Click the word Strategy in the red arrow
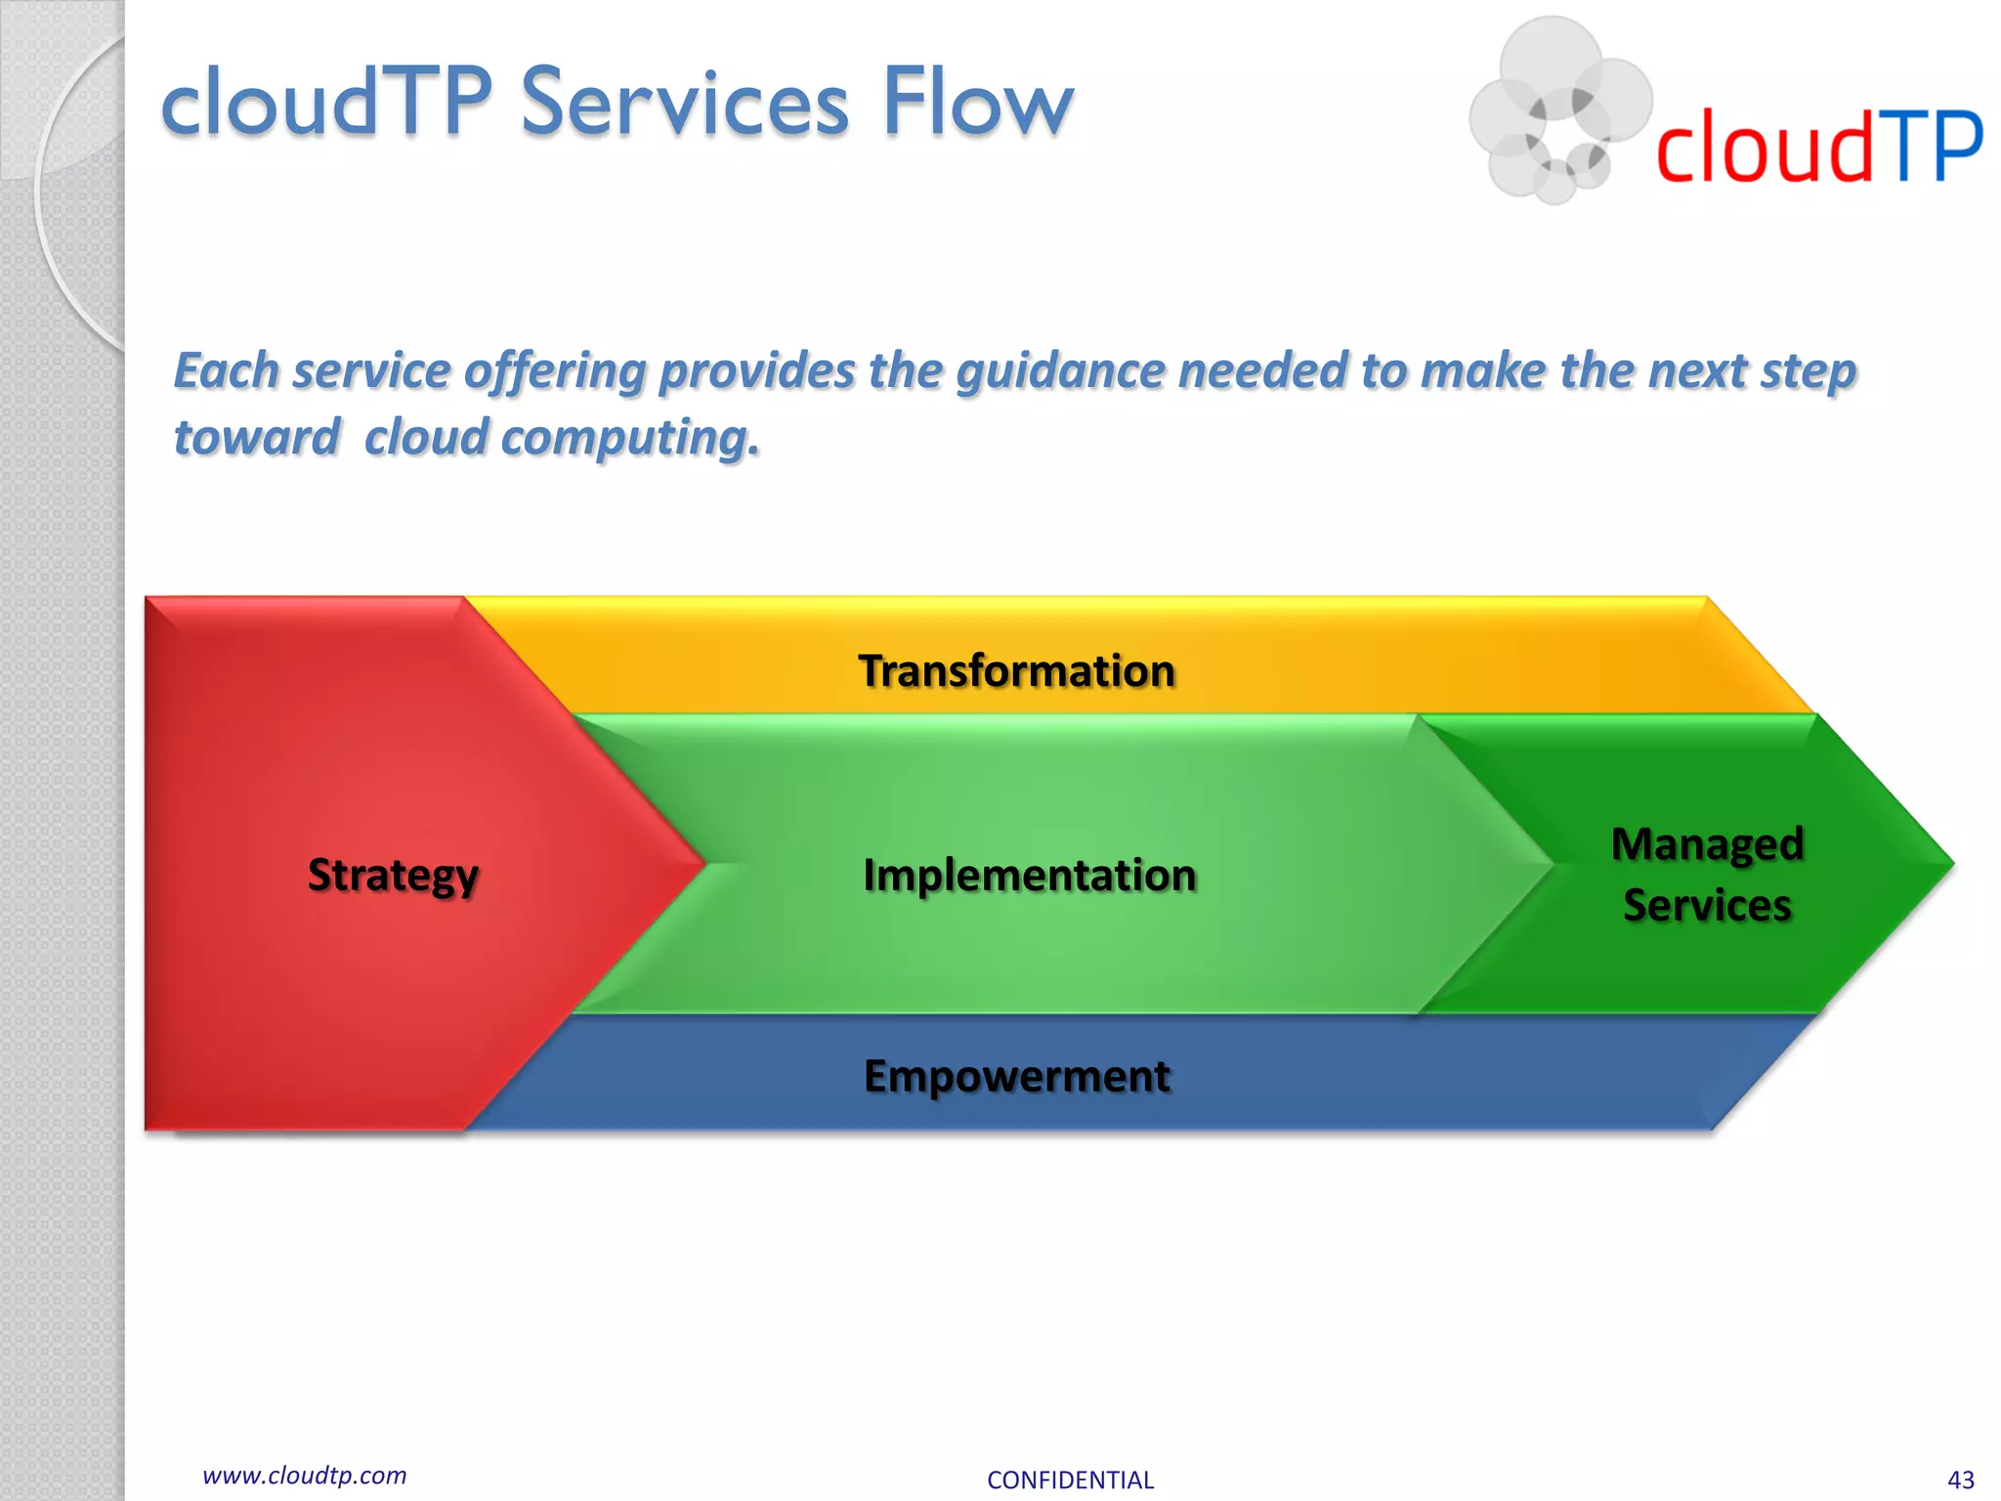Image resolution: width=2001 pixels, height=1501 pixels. [x=393, y=875]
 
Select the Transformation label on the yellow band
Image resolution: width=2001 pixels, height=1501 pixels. [x=1016, y=671]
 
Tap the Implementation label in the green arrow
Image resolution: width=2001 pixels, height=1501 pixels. [x=1030, y=875]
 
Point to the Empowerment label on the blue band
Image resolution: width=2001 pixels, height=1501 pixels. [x=1016, y=1076]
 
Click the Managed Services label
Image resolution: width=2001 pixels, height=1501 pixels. [x=1707, y=874]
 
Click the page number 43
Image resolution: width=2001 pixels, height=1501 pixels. [x=1960, y=1480]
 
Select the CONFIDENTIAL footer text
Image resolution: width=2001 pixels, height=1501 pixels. [x=1070, y=1480]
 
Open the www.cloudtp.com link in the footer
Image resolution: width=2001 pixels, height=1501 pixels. [x=304, y=1475]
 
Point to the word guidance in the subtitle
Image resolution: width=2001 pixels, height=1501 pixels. [x=1060, y=371]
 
